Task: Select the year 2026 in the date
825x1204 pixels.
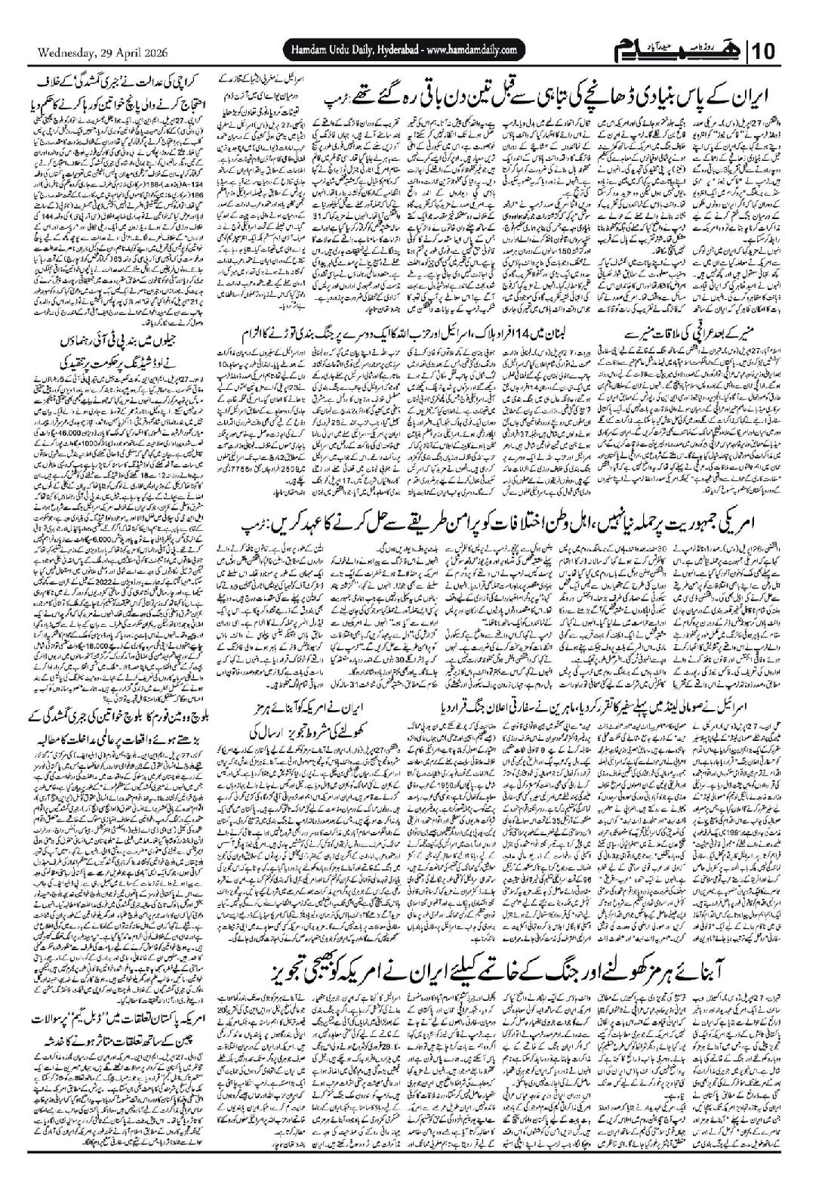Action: [150, 53]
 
